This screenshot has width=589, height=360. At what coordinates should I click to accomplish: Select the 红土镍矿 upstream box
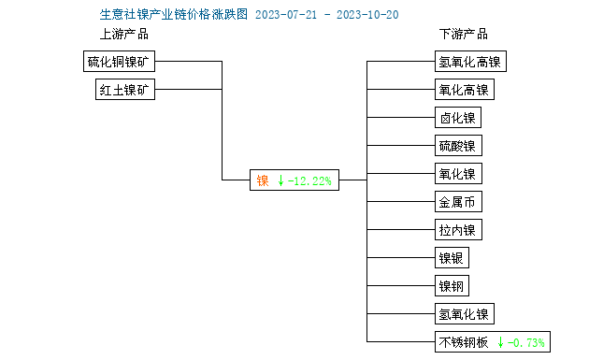(x=126, y=90)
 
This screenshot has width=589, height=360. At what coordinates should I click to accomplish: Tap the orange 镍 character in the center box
(x=264, y=180)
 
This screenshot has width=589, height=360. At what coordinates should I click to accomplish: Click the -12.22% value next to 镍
(x=309, y=180)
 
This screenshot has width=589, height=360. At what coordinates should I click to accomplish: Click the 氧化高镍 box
(x=464, y=90)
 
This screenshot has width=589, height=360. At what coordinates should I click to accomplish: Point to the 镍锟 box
(x=453, y=258)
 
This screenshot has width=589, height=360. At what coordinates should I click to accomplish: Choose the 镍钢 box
(x=453, y=286)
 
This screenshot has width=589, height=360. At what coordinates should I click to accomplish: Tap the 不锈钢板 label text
(x=464, y=342)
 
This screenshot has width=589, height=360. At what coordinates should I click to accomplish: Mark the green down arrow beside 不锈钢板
(x=500, y=342)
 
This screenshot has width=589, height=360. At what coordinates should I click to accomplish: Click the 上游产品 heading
(x=124, y=35)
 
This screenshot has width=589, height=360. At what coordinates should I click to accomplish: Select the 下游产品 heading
(x=464, y=35)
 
